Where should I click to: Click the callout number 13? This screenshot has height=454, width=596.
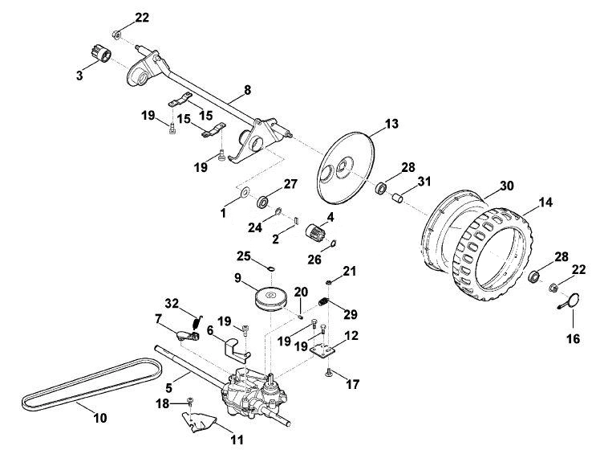391,124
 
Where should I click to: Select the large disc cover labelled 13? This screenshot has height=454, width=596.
346,167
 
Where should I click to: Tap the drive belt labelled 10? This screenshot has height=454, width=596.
91,385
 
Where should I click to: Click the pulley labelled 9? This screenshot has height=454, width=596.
270,298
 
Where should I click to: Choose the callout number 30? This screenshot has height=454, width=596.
506,186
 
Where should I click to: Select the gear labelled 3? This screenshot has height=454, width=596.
101,55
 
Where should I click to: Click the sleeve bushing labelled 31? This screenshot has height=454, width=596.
397,198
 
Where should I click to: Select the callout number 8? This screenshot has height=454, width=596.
247,90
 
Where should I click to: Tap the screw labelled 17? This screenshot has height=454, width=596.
329,374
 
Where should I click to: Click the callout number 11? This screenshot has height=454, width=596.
237,440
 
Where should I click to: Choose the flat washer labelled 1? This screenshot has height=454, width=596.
245,190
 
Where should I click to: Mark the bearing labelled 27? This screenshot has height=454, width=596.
263,202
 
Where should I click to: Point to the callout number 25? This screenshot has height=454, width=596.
244,256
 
